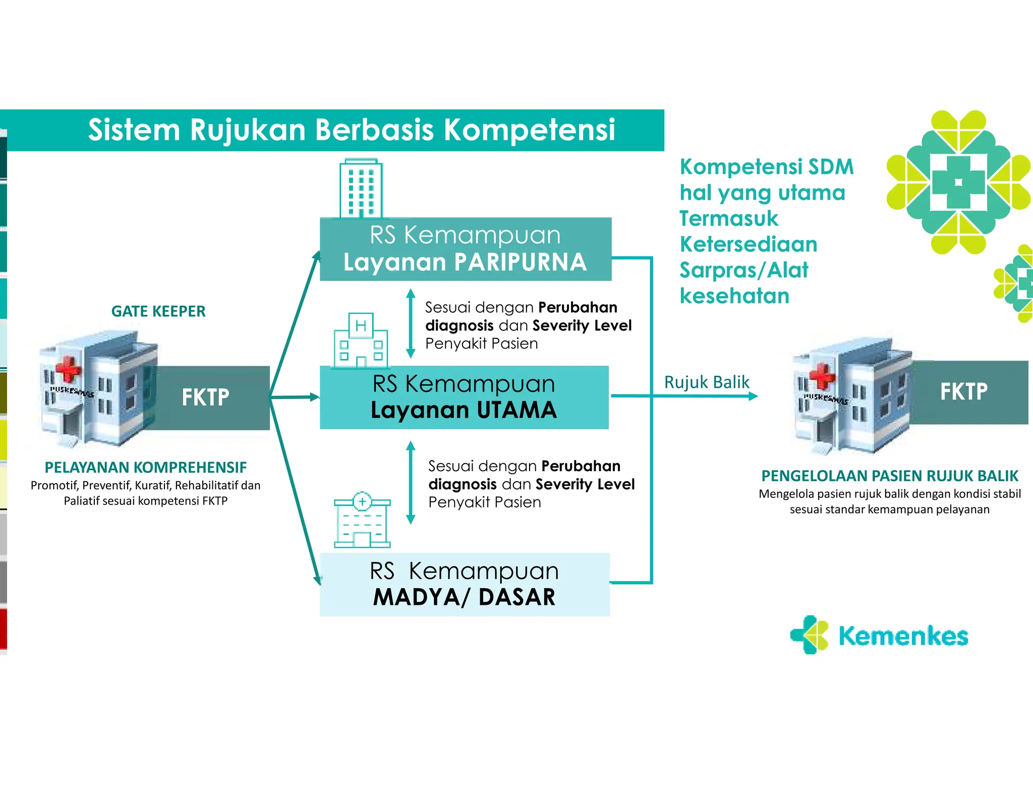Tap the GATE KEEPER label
[x=158, y=311]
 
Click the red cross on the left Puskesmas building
[x=68, y=369]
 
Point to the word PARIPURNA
[x=520, y=262]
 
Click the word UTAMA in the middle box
[x=516, y=410]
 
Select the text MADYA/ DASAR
[x=464, y=597]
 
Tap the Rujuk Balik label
[x=706, y=382]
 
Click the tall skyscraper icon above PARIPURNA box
[x=361, y=189]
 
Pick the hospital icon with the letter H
[x=361, y=340]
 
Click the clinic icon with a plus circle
[x=362, y=520]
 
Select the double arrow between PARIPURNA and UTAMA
[x=411, y=323]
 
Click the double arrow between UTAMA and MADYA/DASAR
[x=411, y=483]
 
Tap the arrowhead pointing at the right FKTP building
[x=753, y=396]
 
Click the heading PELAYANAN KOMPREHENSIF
[x=146, y=468]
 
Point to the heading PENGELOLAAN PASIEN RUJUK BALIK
[x=890, y=476]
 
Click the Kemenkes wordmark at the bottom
[x=903, y=636]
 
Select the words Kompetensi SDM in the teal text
[x=766, y=167]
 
